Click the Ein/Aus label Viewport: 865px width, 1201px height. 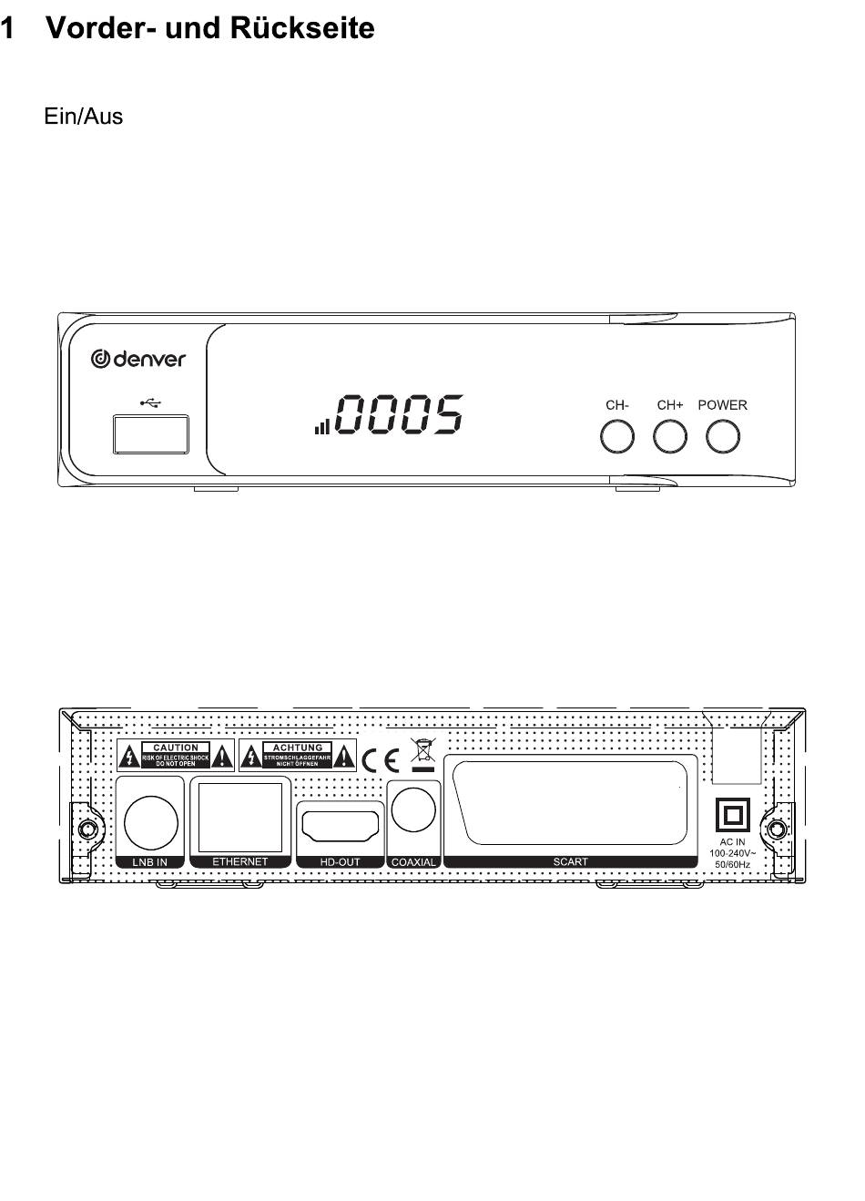(x=83, y=117)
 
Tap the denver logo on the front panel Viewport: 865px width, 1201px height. (x=138, y=359)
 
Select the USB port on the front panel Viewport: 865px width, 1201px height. (x=151, y=433)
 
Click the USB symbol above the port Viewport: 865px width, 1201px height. (x=151, y=401)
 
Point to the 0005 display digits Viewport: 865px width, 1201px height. (x=399, y=415)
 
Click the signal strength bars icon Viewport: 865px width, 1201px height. (x=322, y=425)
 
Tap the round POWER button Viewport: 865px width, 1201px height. (x=723, y=437)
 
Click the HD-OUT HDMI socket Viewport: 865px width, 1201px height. (x=341, y=827)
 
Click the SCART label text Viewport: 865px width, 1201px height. (x=571, y=861)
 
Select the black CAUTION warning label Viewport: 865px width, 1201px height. (x=176, y=755)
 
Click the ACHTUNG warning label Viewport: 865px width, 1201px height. (x=298, y=755)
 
